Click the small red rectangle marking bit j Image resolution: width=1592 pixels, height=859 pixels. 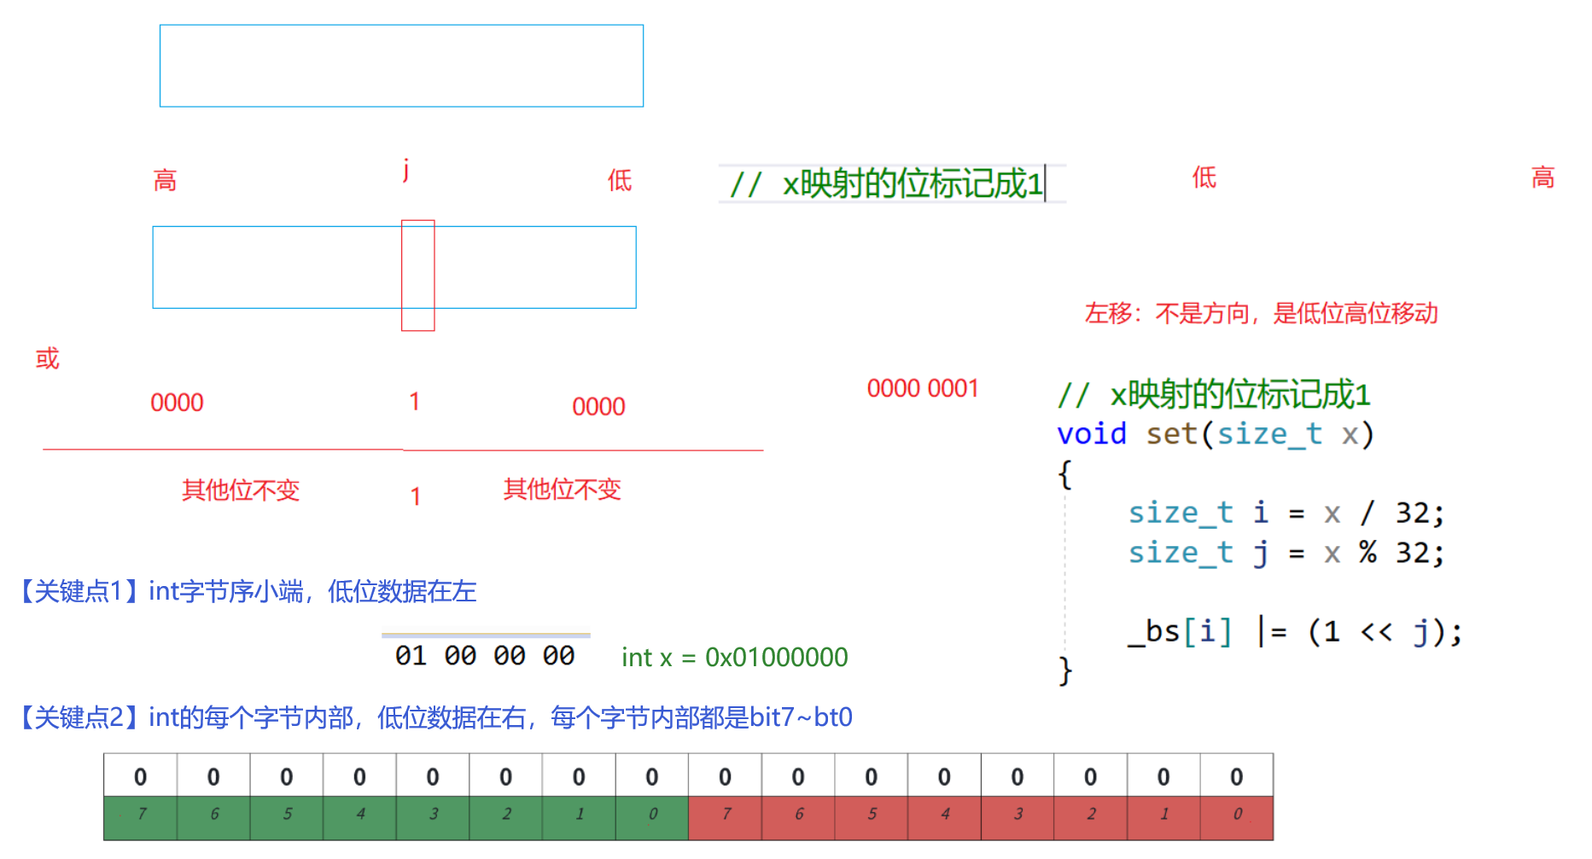click(417, 275)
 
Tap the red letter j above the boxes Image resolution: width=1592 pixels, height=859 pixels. click(406, 169)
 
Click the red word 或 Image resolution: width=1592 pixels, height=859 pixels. click(47, 358)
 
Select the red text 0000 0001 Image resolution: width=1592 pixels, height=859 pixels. click(922, 389)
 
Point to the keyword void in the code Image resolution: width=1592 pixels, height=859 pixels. click(1091, 434)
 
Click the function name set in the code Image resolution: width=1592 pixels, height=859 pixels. click(1171, 434)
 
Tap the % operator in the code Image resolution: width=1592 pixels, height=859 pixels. click(1367, 553)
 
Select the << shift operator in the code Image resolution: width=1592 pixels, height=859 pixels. click(1375, 632)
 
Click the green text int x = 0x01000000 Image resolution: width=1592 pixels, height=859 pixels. click(734, 658)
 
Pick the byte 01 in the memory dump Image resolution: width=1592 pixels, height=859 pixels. click(411, 656)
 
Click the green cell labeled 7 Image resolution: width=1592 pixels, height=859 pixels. click(141, 815)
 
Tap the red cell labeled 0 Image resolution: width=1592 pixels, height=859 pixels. click(1237, 815)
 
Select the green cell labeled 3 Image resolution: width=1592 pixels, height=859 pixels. click(433, 815)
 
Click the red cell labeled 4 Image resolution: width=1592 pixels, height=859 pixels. click(944, 815)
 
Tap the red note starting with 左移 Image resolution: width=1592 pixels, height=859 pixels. click(1261, 314)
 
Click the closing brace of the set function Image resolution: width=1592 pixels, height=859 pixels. click(1064, 671)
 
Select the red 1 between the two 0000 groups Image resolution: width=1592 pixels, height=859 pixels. click(414, 402)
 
